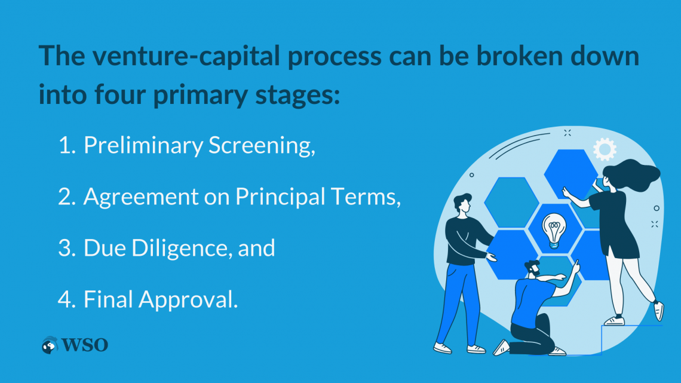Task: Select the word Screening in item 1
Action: point(262,145)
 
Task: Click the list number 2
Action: point(67,197)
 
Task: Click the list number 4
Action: point(67,299)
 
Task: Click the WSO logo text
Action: point(85,345)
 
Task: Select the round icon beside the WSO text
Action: point(50,345)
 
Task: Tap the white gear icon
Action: point(605,149)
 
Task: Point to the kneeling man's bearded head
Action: point(532,268)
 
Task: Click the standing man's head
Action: point(463,204)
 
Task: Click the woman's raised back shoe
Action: point(659,310)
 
